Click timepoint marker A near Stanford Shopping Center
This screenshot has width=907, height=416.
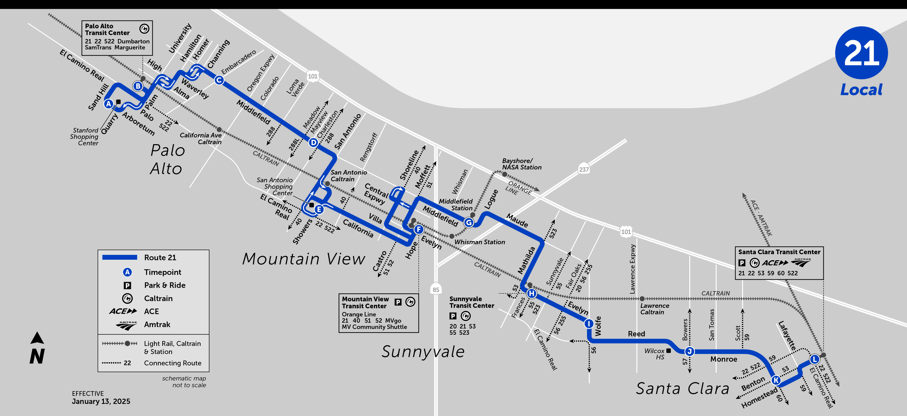[109, 104]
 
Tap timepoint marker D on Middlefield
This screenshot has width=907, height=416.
[313, 143]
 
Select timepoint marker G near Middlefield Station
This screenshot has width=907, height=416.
[469, 222]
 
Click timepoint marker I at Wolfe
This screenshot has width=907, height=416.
[589, 323]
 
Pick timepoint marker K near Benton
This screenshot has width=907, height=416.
[776, 380]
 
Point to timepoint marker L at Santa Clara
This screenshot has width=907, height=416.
[814, 359]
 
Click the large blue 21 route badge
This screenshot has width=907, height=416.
[861, 53]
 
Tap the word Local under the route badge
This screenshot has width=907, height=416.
[861, 90]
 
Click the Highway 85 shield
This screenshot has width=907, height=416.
[436, 289]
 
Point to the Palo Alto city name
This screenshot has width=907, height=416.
[167, 159]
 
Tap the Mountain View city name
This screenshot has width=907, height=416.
[303, 259]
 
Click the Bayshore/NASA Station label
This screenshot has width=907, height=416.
[521, 164]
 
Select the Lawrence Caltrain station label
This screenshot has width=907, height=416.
[655, 309]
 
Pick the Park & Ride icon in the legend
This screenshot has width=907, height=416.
[128, 285]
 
